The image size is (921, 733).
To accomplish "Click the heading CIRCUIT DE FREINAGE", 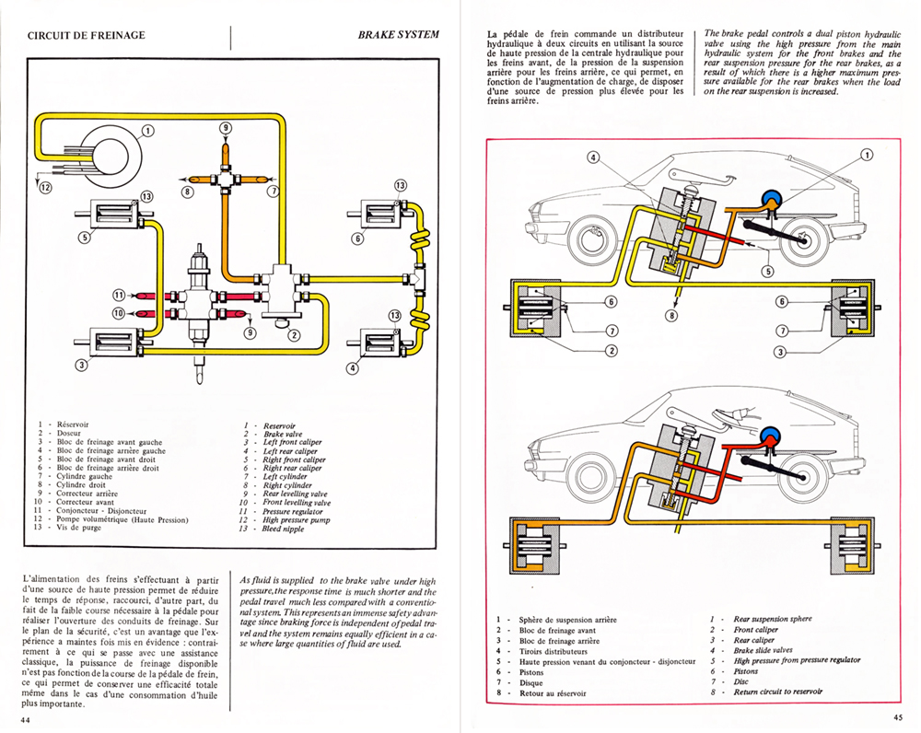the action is coord(86,35).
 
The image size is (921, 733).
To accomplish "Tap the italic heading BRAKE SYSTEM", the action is coord(398,35).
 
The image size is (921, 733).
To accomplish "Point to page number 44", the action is coord(25,720).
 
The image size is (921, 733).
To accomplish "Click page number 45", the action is coord(898,716).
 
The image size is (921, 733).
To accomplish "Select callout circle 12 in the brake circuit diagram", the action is coord(46,187).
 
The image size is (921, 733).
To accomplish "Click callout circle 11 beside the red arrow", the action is coord(119,295).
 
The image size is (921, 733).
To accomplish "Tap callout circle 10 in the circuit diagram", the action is coord(119,313).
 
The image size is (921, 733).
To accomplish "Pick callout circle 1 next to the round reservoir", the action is coord(147,131).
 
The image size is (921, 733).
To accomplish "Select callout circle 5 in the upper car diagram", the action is coord(768,271).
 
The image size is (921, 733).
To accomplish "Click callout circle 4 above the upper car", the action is coord(594,157).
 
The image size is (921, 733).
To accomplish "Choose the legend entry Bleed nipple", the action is coord(283,529).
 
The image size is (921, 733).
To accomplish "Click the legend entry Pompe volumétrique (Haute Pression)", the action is coord(122,519).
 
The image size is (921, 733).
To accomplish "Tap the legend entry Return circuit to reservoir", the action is coord(777,692).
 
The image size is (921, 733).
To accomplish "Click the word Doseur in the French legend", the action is coord(69,433).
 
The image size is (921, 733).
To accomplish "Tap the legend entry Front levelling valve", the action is coord(297,503).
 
